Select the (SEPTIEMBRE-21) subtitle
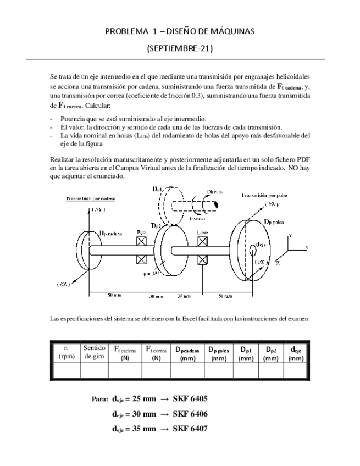[180, 48]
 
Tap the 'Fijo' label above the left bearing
[141, 232]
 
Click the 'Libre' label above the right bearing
[203, 232]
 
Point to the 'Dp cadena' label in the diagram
[111, 233]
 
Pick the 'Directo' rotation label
[215, 192]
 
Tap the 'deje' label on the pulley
[262, 244]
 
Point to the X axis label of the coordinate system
[307, 247]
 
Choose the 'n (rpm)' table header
[66, 352]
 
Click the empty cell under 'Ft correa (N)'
[157, 371]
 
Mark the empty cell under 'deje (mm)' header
[296, 371]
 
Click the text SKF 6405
[190, 398]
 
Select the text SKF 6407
[190, 429]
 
